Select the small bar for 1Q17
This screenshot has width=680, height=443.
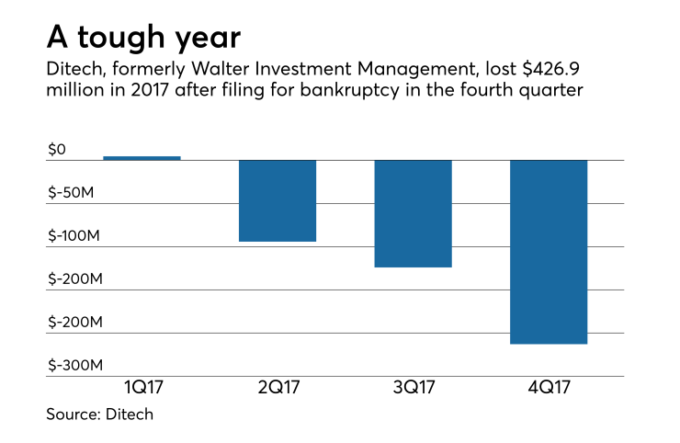click(x=142, y=158)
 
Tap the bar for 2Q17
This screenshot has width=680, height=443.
click(x=278, y=200)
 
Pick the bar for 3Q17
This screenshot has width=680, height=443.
click(x=414, y=213)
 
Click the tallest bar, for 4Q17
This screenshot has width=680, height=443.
click(x=549, y=252)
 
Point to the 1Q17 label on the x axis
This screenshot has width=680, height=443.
click(x=142, y=389)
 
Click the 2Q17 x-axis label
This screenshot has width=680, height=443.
click(x=278, y=389)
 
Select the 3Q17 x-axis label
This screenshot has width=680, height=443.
click(x=414, y=389)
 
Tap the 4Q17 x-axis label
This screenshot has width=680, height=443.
click(x=549, y=389)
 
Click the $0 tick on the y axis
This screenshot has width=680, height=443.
click(x=56, y=149)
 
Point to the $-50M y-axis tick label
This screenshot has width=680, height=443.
click(x=72, y=192)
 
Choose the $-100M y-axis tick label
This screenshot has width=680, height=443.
click(x=74, y=235)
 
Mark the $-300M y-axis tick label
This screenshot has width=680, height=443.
click(x=74, y=365)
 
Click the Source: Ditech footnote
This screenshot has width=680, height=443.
click(x=100, y=415)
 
